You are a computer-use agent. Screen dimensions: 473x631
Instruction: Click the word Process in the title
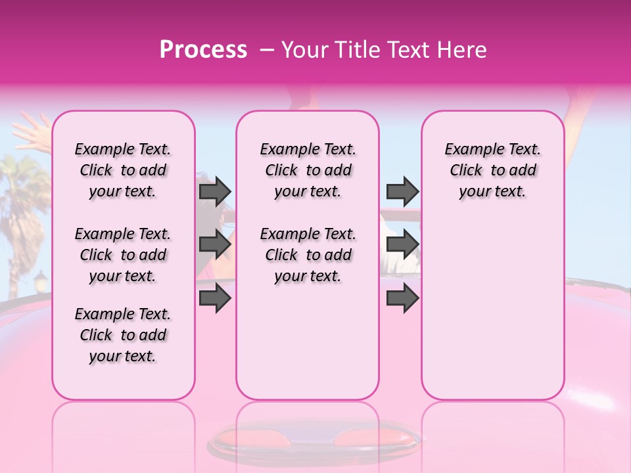pyautogui.click(x=203, y=50)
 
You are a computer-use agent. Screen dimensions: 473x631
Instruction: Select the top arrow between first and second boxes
pyautogui.click(x=215, y=191)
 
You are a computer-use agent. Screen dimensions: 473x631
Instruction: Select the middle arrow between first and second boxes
pyautogui.click(x=215, y=244)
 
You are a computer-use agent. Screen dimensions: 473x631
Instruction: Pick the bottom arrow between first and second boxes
pyautogui.click(x=215, y=298)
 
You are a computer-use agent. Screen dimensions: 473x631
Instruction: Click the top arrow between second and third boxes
pyautogui.click(x=402, y=191)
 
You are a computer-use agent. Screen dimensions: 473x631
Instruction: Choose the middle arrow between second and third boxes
pyautogui.click(x=402, y=244)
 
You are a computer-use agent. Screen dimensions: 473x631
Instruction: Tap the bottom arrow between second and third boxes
pyautogui.click(x=402, y=298)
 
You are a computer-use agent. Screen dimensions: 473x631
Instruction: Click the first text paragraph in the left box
pyautogui.click(x=123, y=170)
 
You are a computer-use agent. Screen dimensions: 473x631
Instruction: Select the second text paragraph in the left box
pyautogui.click(x=123, y=255)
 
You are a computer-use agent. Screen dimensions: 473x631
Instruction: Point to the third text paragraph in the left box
pyautogui.click(x=123, y=335)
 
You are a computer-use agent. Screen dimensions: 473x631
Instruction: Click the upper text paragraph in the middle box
pyautogui.click(x=308, y=170)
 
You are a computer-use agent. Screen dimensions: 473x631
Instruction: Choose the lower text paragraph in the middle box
pyautogui.click(x=308, y=255)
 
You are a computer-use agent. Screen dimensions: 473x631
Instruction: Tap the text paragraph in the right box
pyautogui.click(x=492, y=170)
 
